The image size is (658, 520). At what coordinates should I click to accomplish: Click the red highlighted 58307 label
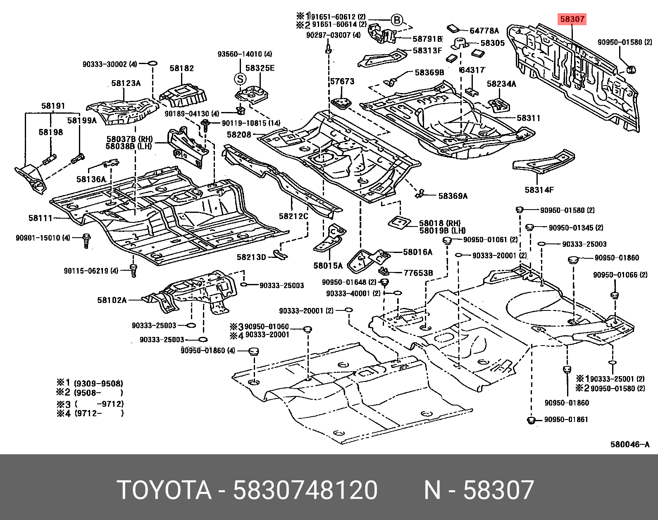point(572,19)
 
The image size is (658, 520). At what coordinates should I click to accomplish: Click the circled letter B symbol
point(396,20)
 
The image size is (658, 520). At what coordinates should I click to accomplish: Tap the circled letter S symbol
point(240,79)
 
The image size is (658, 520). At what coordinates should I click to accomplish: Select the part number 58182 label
point(181,68)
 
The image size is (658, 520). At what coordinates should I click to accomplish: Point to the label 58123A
point(126,83)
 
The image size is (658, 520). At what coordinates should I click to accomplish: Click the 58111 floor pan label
point(41,218)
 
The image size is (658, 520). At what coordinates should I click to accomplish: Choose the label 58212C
point(293,216)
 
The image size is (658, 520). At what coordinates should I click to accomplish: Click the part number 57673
point(342,81)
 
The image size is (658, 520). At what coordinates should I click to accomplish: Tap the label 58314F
point(539,190)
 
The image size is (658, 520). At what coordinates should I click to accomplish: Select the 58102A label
point(112,300)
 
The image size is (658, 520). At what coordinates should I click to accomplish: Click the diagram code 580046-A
point(630,444)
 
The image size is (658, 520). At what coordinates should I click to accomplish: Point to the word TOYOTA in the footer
point(164,490)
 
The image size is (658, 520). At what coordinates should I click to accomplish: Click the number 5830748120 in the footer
point(305,490)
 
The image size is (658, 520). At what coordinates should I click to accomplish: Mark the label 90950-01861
point(566,420)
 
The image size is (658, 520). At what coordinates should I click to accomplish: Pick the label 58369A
point(453,196)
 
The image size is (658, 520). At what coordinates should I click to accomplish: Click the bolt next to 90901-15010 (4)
point(86,241)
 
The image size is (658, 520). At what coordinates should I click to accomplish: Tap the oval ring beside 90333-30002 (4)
point(152,64)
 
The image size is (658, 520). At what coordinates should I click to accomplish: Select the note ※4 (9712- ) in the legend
point(90,413)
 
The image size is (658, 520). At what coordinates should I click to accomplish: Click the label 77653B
point(418,273)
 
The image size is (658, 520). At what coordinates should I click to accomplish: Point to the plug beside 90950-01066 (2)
point(615,295)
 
